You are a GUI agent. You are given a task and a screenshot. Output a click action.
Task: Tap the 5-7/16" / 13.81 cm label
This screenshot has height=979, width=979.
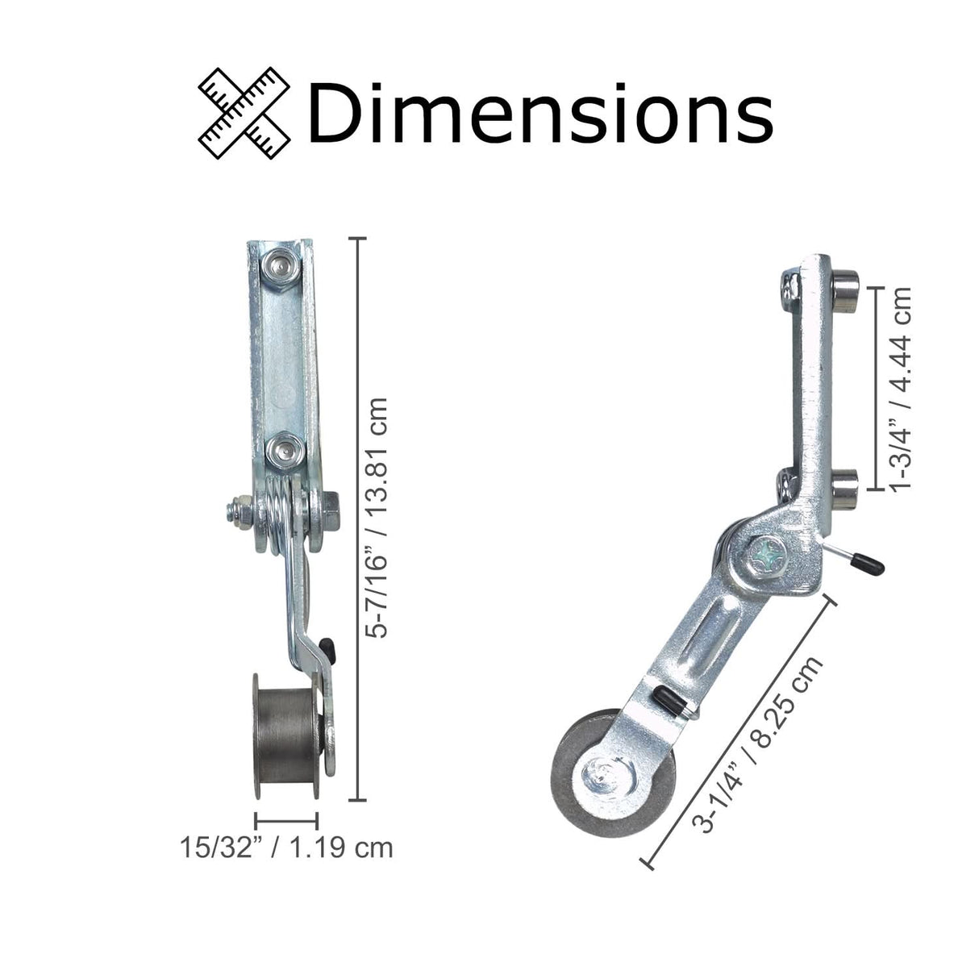(x=377, y=517)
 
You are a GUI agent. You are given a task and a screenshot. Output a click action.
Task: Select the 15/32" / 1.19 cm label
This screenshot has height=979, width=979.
(x=286, y=848)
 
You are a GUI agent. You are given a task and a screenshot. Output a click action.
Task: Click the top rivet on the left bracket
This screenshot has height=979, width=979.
(x=282, y=264)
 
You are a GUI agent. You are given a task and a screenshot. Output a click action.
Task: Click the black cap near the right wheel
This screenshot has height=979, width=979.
(x=669, y=698)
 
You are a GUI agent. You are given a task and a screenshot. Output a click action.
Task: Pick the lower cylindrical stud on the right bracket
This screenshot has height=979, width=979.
(x=844, y=480)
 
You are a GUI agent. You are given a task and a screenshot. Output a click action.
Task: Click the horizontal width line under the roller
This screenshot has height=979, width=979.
(x=285, y=820)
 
